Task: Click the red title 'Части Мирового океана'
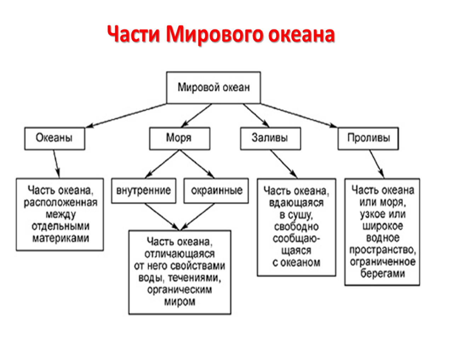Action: [x=221, y=35]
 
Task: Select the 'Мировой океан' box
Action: [x=213, y=87]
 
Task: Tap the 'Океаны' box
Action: [x=55, y=138]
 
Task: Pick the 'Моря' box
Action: [x=179, y=138]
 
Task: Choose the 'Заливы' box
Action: [x=270, y=138]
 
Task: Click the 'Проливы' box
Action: [x=368, y=138]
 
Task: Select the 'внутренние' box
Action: [x=143, y=191]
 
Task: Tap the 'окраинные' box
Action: [x=216, y=191]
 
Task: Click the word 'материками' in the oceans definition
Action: [x=61, y=238]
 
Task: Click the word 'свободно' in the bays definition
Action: [x=296, y=227]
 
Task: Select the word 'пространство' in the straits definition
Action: [x=383, y=250]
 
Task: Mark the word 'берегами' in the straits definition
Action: [x=383, y=274]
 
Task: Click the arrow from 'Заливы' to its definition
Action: [x=284, y=164]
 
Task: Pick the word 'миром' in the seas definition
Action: [x=179, y=302]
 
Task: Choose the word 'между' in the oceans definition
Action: [x=61, y=215]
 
